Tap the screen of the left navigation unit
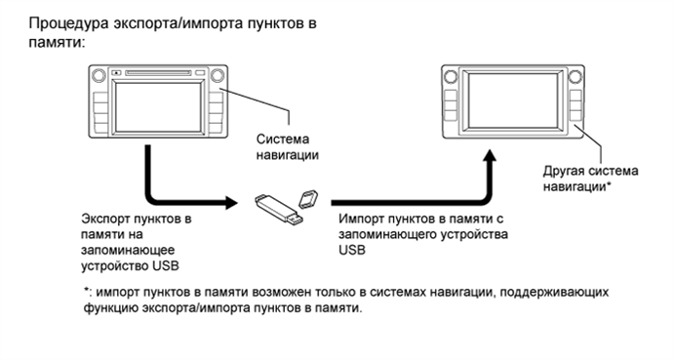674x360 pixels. click(x=156, y=103)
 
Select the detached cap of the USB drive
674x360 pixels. click(x=309, y=197)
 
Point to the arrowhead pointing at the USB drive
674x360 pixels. click(x=231, y=204)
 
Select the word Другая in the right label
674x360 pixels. click(x=563, y=169)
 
